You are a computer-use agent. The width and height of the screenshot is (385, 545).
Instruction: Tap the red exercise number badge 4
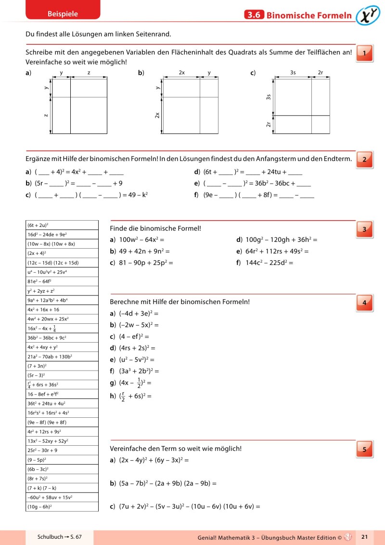(364, 303)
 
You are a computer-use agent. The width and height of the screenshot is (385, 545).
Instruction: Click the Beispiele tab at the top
(63, 14)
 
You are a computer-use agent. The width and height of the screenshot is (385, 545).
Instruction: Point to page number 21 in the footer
(364, 536)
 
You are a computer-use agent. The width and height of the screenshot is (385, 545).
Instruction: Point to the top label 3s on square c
(293, 72)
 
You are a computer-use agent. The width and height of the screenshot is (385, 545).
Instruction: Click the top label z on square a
(89, 72)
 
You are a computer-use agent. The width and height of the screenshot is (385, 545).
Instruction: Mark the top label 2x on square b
(181, 72)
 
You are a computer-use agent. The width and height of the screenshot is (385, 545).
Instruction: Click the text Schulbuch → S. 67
(60, 536)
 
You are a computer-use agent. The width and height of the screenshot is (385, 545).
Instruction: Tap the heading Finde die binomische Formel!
(155, 228)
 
